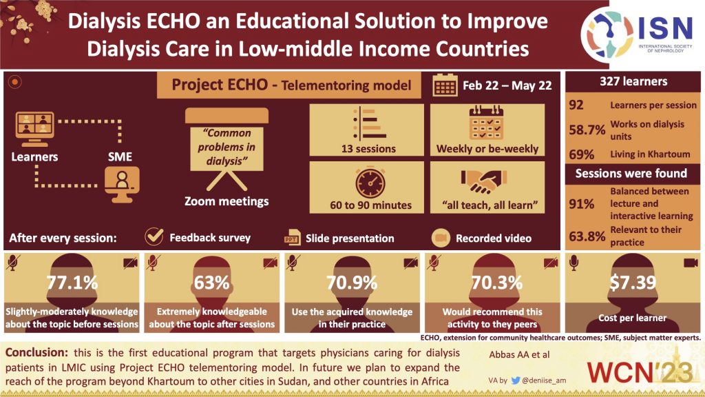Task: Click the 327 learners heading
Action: [x=631, y=81]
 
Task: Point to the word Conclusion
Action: [x=38, y=352]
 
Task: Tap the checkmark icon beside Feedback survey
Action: [x=154, y=237]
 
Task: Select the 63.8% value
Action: [x=587, y=236]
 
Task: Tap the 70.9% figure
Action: [x=356, y=283]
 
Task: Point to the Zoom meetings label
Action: [x=227, y=201]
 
